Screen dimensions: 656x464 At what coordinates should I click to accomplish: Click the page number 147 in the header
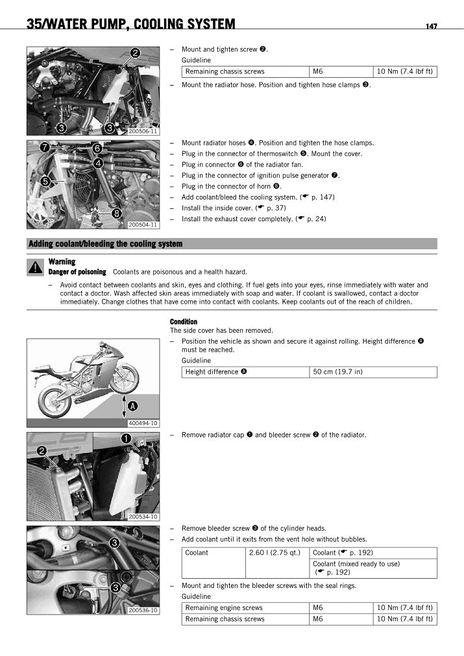(431, 26)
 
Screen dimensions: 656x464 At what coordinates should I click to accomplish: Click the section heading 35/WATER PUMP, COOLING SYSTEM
(130, 25)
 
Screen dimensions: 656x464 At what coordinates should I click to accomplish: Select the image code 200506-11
(143, 131)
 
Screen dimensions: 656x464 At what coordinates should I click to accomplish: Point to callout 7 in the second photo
(44, 147)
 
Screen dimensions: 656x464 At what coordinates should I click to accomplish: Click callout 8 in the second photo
(117, 213)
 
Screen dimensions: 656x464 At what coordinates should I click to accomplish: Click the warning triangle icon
(35, 267)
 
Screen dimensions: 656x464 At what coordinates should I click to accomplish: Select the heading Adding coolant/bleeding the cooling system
(105, 244)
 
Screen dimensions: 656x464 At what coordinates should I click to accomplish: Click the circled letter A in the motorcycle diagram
(132, 406)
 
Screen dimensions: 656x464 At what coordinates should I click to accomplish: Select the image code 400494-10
(143, 423)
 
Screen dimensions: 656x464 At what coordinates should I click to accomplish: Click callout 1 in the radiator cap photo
(125, 439)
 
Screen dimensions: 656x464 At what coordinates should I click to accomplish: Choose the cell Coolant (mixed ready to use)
(356, 564)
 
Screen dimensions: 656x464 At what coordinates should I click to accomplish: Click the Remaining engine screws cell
(224, 608)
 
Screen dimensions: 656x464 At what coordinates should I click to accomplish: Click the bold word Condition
(184, 322)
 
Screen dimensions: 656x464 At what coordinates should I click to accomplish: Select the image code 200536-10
(143, 611)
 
